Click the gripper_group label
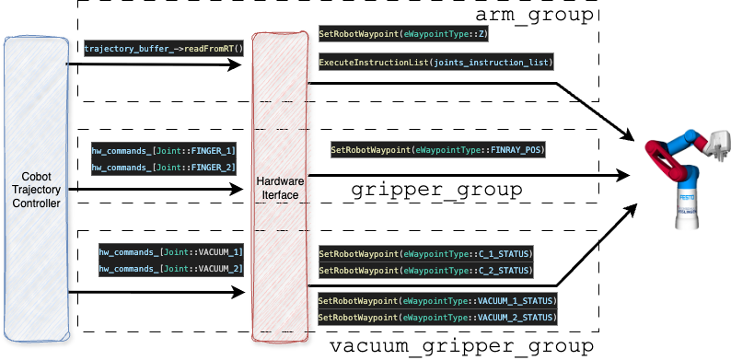pos(437,191)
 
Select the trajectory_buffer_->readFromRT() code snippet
pos(163,48)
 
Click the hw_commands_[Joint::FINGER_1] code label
pos(163,150)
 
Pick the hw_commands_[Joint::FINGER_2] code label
pos(163,168)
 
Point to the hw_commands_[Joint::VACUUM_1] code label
pos(172,251)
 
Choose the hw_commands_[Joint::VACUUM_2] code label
pos(172,269)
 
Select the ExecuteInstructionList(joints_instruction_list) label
pos(435,63)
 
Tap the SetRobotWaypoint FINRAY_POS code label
pos(438,149)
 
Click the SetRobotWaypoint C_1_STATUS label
pos(425,253)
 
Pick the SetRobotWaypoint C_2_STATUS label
pos(425,271)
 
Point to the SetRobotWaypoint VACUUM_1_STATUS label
pos(437,301)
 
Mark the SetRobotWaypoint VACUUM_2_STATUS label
pos(437,318)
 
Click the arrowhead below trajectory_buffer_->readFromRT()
pos(238,66)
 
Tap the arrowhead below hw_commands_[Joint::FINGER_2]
pos(238,191)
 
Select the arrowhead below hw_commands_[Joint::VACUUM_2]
pos(238,294)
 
